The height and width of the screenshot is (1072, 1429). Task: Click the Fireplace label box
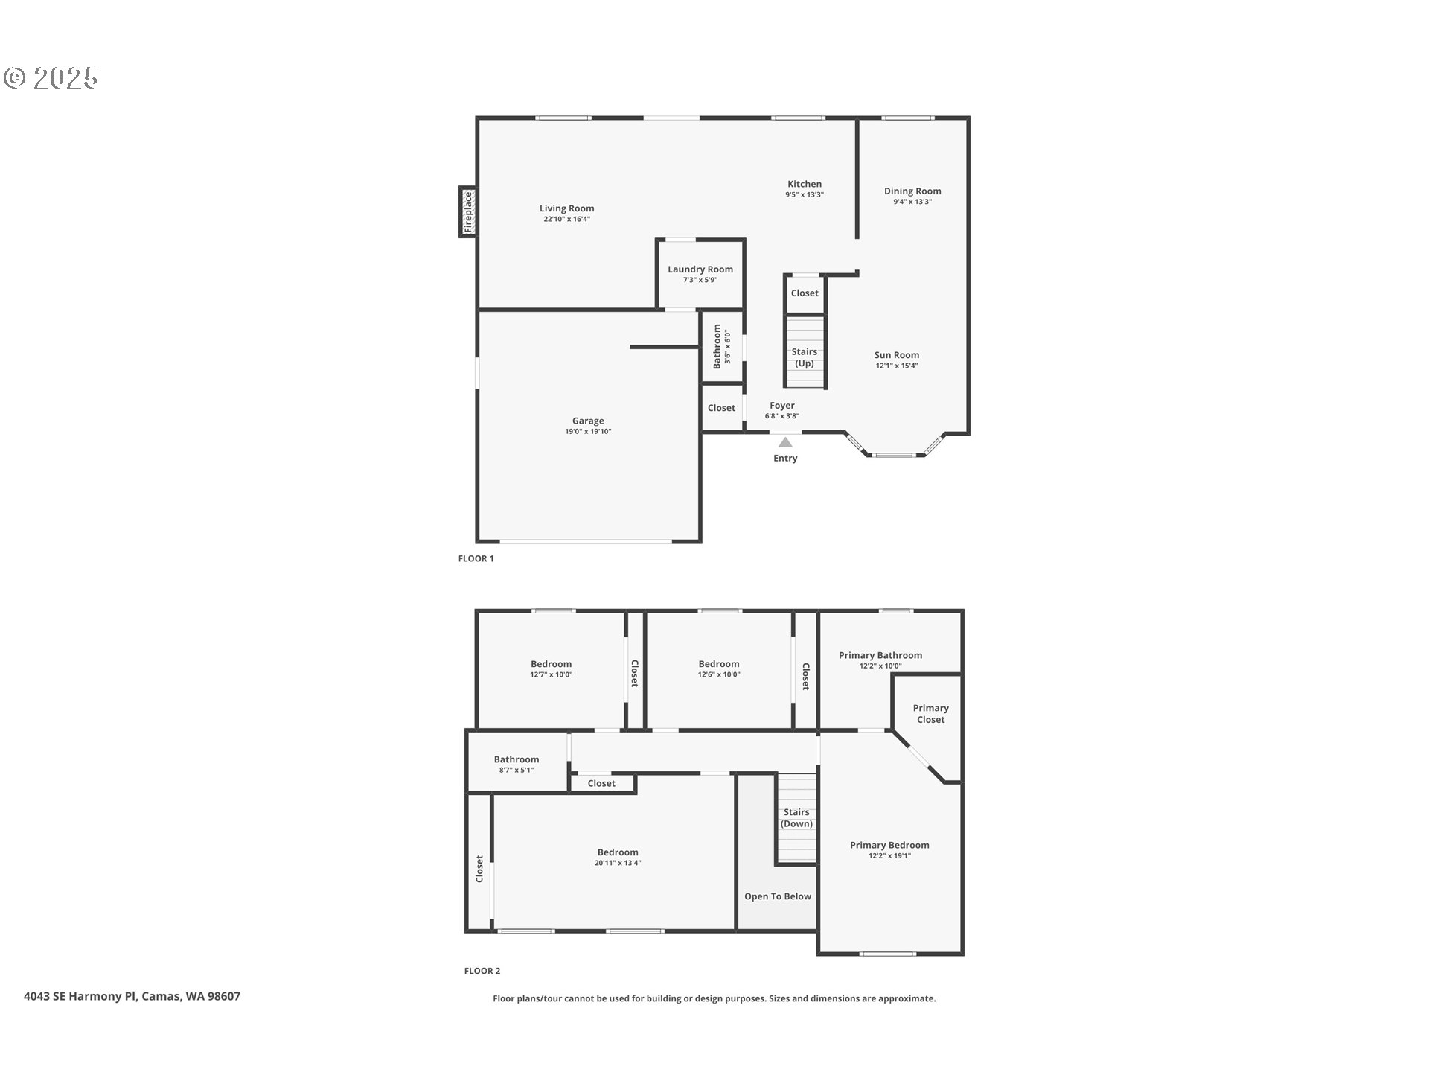[467, 212]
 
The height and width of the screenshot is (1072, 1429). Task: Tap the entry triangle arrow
[785, 442]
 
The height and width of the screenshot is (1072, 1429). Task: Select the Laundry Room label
[700, 269]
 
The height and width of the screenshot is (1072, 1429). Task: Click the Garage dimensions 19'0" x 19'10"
[587, 432]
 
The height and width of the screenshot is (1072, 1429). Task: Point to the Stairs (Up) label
[804, 357]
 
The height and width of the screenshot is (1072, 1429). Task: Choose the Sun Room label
[896, 355]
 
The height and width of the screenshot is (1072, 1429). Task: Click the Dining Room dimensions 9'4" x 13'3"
[912, 202]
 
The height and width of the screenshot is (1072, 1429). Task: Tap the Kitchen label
[805, 184]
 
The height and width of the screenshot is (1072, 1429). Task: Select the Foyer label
[781, 406]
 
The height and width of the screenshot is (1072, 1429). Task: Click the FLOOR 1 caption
[476, 558]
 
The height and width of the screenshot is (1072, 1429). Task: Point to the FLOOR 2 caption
[482, 971]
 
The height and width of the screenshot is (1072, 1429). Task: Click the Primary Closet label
[930, 713]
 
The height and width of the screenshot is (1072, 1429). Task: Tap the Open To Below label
[777, 896]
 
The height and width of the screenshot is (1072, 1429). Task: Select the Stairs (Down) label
[796, 817]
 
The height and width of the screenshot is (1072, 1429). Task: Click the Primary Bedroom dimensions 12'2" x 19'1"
[889, 856]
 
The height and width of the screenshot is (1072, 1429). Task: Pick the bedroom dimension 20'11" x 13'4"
[617, 864]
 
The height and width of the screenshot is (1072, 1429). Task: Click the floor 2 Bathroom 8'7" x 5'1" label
[516, 759]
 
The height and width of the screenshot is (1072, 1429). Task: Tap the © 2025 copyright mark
[51, 77]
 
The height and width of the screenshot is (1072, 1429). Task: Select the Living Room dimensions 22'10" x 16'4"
[566, 220]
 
